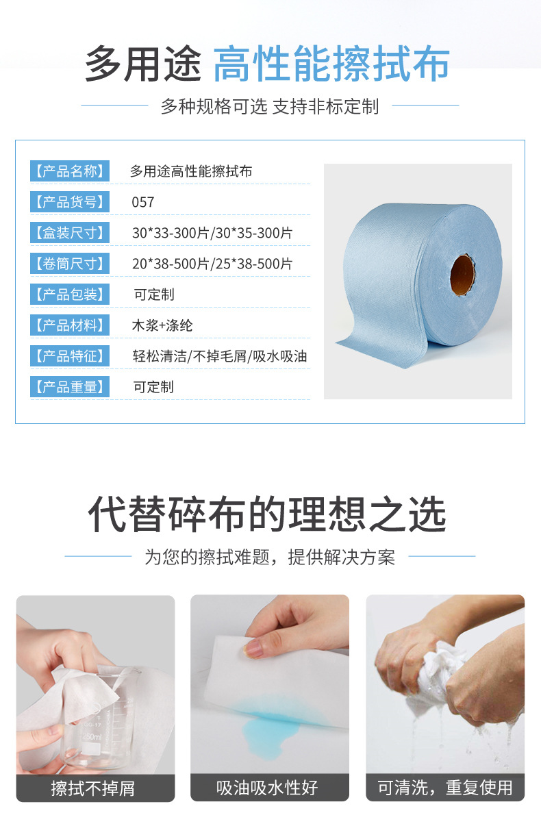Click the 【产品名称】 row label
[x=69, y=171]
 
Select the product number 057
[x=143, y=202]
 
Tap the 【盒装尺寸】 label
[x=69, y=233]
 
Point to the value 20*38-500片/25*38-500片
[x=212, y=264]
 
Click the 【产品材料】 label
[x=69, y=325]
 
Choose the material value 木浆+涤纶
[x=162, y=325]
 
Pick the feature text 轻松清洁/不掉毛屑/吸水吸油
[x=219, y=356]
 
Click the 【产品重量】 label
[x=69, y=387]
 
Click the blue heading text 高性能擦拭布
[x=331, y=65]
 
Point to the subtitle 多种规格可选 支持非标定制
[x=269, y=106]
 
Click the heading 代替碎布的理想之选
[x=268, y=515]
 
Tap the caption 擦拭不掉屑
[x=93, y=788]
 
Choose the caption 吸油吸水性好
[x=268, y=788]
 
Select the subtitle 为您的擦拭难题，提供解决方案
[x=269, y=557]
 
